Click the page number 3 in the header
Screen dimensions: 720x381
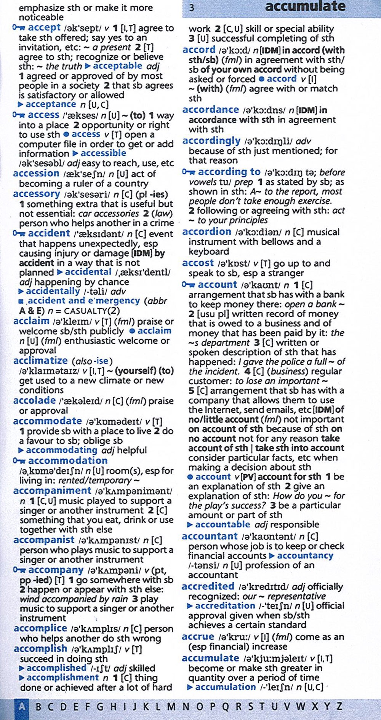[x=192, y=8]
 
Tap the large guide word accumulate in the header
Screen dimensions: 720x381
[x=305, y=6]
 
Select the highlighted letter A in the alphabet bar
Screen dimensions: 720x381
[x=22, y=707]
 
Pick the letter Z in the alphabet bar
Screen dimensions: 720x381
[x=339, y=707]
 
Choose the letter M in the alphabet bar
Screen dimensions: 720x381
[x=171, y=707]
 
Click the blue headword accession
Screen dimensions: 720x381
[x=36, y=174]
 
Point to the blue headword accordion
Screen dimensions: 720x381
[x=207, y=232]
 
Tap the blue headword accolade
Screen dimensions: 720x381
[x=34, y=401]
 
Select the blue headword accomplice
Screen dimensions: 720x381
[x=40, y=628]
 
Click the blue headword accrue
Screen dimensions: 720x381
[x=198, y=637]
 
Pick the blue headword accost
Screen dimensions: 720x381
[x=198, y=263]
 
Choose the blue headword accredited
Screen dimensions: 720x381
[x=208, y=586]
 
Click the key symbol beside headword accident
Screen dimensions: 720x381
[x=18, y=233]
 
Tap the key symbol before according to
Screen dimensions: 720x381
[x=188, y=172]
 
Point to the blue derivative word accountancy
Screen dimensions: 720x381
[x=305, y=556]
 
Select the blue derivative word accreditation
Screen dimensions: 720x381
[x=225, y=605]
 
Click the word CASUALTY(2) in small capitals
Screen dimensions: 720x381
[x=92, y=311]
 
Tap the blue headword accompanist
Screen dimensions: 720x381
[x=44, y=540]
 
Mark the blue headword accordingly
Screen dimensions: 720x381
[x=211, y=141]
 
